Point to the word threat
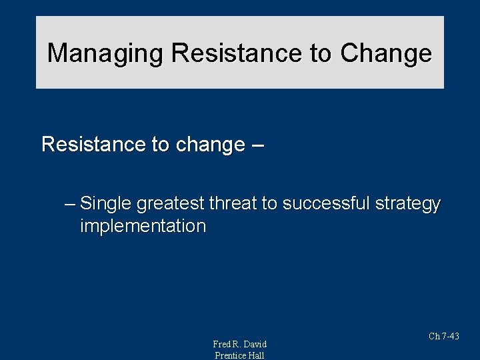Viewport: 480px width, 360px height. pos(233,203)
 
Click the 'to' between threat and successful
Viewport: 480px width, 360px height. pos(269,203)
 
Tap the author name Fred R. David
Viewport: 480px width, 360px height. pos(239,344)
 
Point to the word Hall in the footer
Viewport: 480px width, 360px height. pos(257,355)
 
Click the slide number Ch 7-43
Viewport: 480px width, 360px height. pos(443,337)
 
